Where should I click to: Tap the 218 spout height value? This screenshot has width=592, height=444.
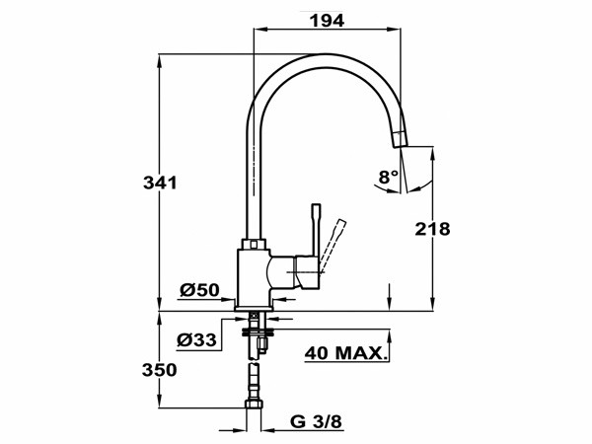431,229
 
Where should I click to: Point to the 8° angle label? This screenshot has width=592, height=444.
388,177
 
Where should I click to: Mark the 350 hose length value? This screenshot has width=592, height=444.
159,370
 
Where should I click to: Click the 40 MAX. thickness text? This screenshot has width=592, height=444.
344,352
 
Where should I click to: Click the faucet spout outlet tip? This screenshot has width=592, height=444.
400,139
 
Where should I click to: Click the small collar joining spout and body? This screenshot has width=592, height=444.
255,243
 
